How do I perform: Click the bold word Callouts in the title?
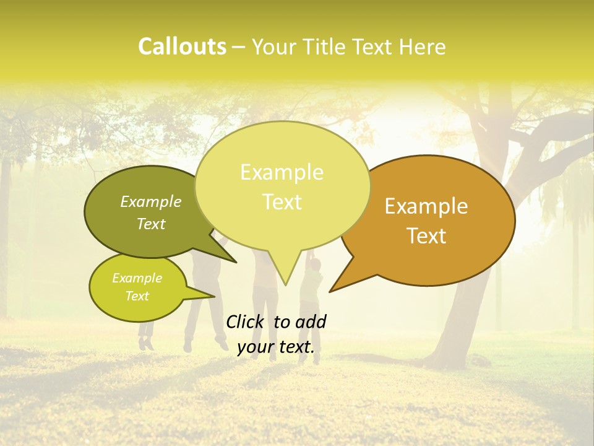tap(182, 46)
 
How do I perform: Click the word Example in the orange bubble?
tap(426, 206)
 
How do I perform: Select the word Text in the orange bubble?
tap(426, 236)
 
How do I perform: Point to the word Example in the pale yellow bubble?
tap(282, 172)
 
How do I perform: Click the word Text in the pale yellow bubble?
tap(282, 202)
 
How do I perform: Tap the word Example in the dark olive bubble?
tap(151, 201)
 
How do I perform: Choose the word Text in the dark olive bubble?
tap(151, 224)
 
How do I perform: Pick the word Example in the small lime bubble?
tap(137, 278)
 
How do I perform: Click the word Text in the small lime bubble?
tap(137, 296)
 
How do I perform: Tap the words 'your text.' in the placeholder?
tap(276, 348)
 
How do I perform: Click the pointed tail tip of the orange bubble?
tap(330, 291)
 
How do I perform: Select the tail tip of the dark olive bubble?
tap(236, 263)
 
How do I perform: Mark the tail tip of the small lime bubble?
tap(215, 297)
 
